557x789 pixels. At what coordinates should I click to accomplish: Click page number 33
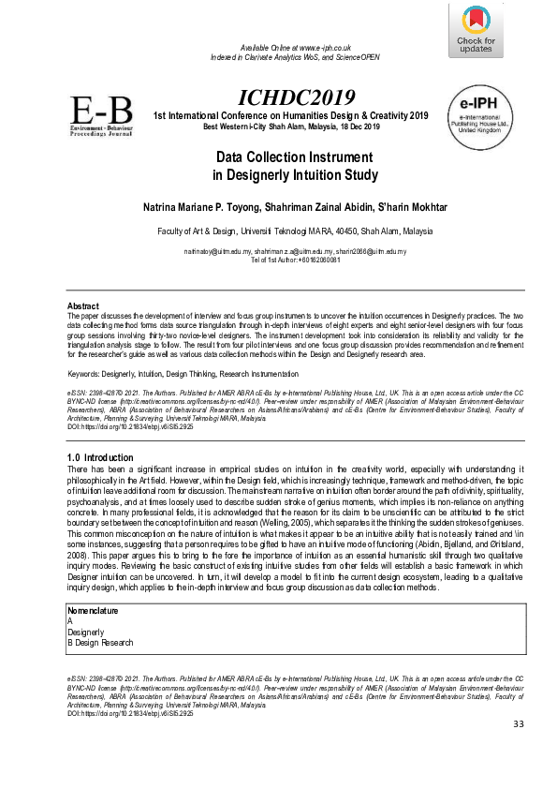520,726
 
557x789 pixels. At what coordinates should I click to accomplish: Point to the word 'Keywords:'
86,375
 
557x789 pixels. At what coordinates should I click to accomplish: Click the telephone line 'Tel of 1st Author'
278,261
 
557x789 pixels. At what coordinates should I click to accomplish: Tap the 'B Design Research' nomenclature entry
100,643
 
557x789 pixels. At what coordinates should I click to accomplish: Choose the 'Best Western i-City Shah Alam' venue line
291,127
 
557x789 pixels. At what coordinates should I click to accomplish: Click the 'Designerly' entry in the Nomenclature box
86,632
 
